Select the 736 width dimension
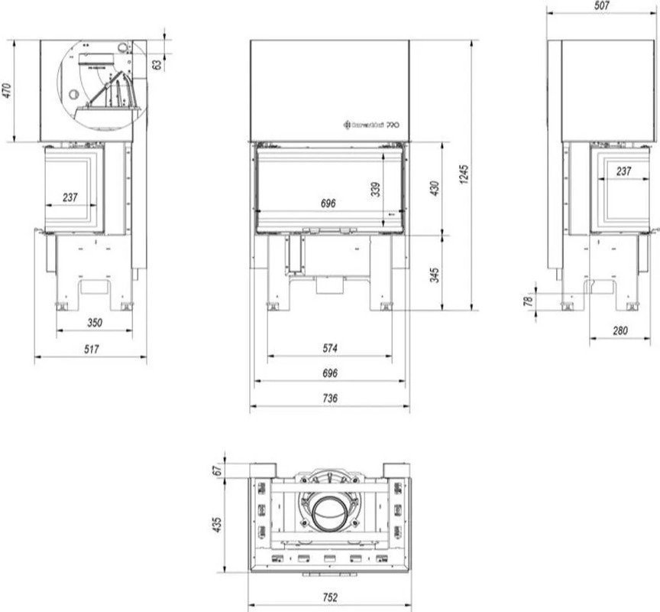point(330,398)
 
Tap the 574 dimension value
point(330,347)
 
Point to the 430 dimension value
point(435,187)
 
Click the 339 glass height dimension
point(375,189)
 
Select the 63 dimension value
point(157,65)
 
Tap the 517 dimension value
point(92,348)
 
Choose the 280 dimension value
point(620,330)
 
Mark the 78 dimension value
point(527,301)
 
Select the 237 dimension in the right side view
point(623,171)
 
